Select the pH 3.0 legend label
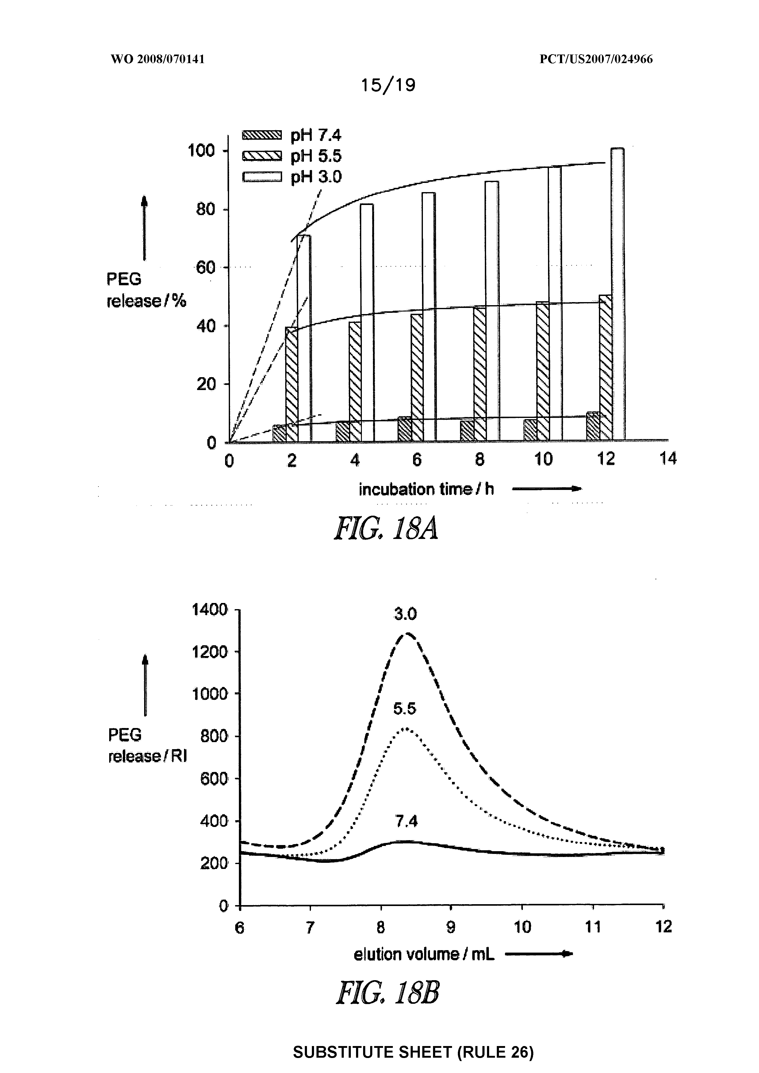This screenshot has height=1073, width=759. click(x=316, y=177)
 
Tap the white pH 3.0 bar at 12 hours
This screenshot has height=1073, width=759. click(x=617, y=294)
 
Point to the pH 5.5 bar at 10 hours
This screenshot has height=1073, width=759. click(x=542, y=372)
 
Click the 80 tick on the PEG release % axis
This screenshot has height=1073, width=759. click(x=205, y=209)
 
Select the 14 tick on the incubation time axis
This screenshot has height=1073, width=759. click(x=668, y=459)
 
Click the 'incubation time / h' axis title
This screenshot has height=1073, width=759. click(x=426, y=489)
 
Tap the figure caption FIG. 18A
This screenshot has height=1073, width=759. click(x=386, y=529)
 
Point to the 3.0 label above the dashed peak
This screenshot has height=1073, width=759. click(x=405, y=614)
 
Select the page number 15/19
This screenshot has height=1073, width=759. click(x=388, y=85)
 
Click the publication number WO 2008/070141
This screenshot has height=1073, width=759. click(x=158, y=59)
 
